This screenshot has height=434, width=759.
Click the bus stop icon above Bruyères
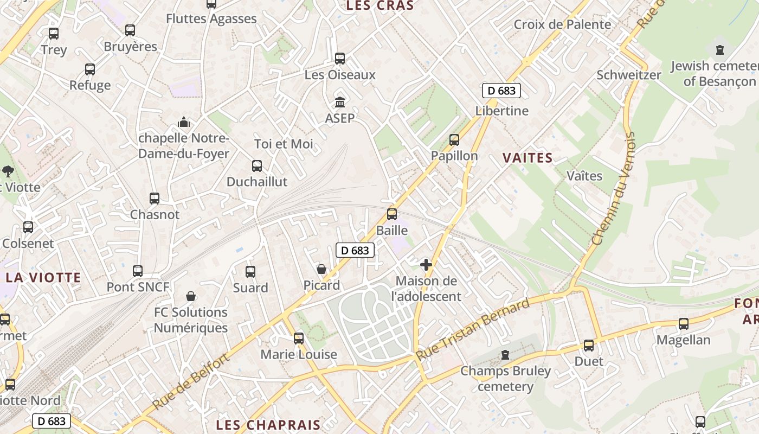pos(130,30)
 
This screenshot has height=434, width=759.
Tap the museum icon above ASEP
pos(340,102)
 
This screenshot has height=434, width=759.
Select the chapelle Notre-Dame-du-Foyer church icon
pos(184,122)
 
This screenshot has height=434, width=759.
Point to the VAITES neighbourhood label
pos(527,158)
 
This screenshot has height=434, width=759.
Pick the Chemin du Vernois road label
pos(613,189)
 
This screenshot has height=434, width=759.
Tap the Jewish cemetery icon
pos(720,50)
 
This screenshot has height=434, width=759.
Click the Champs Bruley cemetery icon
pos(505,355)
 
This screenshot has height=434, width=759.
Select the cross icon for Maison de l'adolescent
pos(426,265)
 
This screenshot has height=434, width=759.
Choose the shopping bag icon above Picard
pos(321,269)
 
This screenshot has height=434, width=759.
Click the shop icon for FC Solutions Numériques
pos(191,296)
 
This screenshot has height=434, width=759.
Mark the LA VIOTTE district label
pos(43,278)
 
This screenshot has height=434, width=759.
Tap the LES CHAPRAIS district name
pos(268,424)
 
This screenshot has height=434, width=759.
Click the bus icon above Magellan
pos(684,324)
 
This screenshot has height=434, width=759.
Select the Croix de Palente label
pos(562,24)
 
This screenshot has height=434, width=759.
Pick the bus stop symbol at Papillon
pos(454,140)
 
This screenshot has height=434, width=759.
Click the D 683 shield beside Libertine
pos(501,91)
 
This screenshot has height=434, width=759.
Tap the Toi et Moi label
pos(284,144)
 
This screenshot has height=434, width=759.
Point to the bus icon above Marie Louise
pos(299,339)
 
